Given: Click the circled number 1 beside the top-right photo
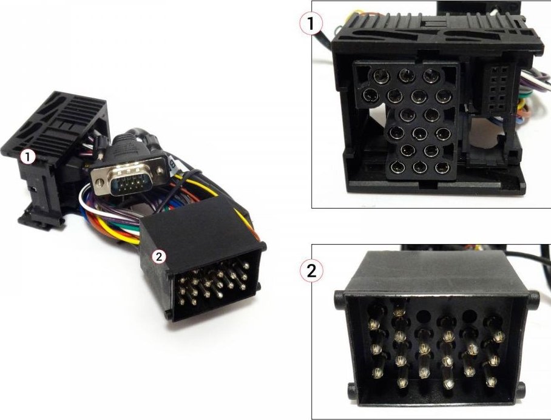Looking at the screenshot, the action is pyautogui.click(x=311, y=24).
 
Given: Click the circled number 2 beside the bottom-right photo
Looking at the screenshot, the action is pyautogui.click(x=311, y=271).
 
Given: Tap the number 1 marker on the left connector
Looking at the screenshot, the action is pyautogui.click(x=28, y=157).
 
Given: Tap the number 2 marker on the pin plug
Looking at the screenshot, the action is pyautogui.click(x=159, y=257).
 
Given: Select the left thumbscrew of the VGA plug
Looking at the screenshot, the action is pyautogui.click(x=100, y=183).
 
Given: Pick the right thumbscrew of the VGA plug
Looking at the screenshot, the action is pyautogui.click(x=161, y=171).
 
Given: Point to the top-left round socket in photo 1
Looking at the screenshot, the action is pyautogui.click(x=382, y=76).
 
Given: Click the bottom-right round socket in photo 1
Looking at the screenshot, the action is pyautogui.click(x=442, y=168).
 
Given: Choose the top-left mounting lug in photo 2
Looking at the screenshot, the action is pyautogui.click(x=339, y=301).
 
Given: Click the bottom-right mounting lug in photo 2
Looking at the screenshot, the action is pyautogui.click(x=521, y=390).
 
